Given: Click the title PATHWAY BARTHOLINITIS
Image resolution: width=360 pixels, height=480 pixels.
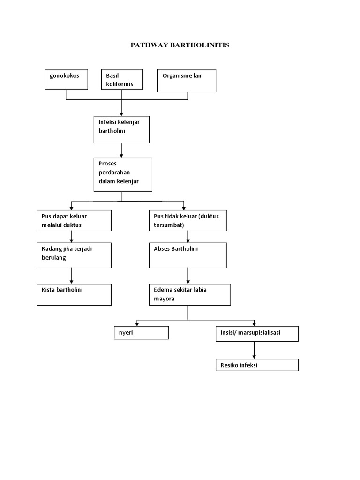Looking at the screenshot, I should coord(180,45).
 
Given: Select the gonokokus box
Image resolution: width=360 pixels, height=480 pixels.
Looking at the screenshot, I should coord(66,79).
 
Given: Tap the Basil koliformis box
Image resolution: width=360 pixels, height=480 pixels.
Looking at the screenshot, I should coord(122,79).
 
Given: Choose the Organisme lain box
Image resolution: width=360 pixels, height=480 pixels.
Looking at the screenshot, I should coord(187,81).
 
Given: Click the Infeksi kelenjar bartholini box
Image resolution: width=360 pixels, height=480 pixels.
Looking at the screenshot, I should coord(121,129).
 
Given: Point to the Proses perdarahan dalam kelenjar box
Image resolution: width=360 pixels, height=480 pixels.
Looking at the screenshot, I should coord(123,174).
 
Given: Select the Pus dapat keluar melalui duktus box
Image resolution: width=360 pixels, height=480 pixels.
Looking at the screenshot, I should coord(74,220).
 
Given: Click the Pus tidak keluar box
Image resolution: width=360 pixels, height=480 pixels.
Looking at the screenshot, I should coord(188,220).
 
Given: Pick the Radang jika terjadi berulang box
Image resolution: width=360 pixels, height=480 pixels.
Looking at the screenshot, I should coord(74,255).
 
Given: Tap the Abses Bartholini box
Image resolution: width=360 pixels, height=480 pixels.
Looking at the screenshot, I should coord(188,255).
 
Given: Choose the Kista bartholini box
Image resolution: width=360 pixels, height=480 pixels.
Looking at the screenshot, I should coord(74,294).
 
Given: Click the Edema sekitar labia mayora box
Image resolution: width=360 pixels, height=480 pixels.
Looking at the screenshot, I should coord(189,294).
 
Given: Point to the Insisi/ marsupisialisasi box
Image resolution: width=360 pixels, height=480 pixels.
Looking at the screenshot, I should coord(257,334).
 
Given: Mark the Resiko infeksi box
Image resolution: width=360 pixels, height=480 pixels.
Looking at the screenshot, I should coord(257,365).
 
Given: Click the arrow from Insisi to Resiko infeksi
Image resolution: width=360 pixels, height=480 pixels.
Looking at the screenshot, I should coord(255,350).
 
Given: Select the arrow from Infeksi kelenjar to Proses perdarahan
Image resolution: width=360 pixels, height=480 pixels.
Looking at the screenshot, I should coord(121,150).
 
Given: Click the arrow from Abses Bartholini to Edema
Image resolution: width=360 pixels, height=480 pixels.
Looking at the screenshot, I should coord(188,275).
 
